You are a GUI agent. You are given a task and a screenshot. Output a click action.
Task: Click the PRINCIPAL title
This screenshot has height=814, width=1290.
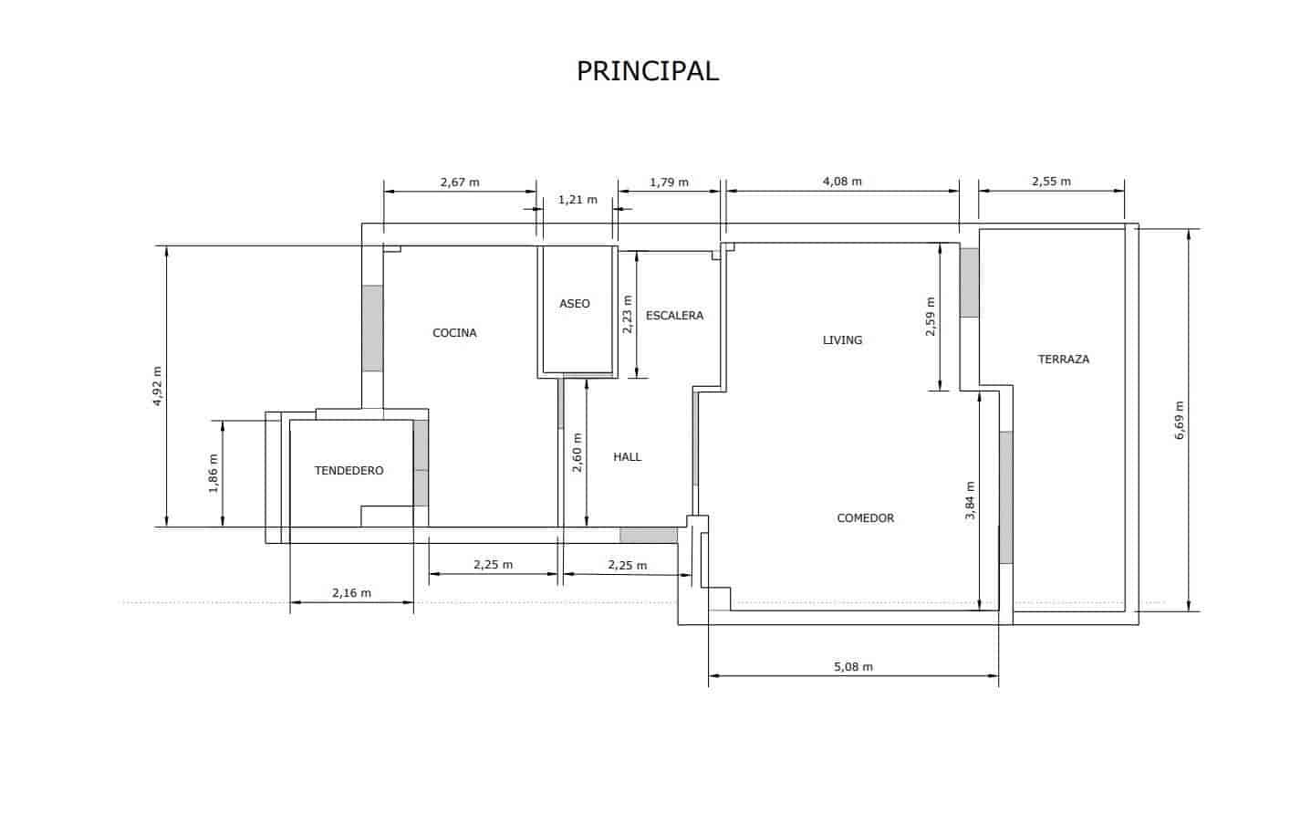click(648, 70)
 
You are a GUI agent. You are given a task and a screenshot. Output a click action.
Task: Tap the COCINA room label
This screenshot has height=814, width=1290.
click(454, 333)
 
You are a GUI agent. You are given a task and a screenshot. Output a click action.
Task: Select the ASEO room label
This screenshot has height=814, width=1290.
click(575, 303)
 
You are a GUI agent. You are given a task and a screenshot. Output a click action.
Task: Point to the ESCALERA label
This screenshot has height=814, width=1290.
click(674, 316)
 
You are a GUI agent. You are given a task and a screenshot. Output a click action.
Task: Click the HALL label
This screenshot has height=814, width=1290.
click(628, 456)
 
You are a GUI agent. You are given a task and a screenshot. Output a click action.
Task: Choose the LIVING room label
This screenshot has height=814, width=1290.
click(842, 340)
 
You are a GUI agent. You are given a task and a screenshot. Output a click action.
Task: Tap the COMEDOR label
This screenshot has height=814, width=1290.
click(865, 518)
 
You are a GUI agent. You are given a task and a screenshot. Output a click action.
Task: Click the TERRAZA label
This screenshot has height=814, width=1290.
click(1063, 360)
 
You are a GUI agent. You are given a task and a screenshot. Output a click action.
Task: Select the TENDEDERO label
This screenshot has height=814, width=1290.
click(349, 471)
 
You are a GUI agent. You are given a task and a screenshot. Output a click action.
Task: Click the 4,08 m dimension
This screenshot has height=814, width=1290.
click(842, 182)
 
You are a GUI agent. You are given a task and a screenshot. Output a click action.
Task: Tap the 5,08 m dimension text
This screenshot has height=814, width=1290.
click(853, 667)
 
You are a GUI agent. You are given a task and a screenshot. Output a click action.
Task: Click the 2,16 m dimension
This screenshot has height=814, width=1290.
click(351, 593)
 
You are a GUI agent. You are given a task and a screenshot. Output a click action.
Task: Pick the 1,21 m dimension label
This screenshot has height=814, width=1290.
click(577, 200)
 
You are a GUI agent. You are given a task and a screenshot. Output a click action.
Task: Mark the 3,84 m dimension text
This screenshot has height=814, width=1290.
click(970, 501)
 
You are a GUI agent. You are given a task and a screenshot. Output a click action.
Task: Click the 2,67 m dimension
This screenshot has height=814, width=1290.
click(460, 182)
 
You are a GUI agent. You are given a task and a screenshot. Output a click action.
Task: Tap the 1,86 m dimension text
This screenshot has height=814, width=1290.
click(213, 474)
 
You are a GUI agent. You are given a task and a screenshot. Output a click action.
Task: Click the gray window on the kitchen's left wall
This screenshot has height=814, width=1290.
click(372, 329)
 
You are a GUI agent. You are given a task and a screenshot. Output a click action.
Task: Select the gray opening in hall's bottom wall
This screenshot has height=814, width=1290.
click(649, 535)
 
